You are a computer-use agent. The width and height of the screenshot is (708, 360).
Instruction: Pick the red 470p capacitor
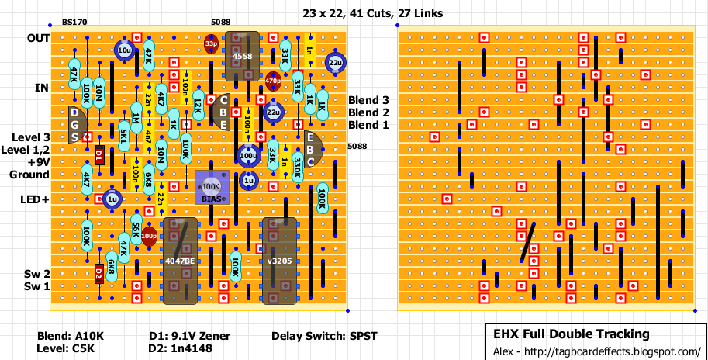click(x=273, y=80)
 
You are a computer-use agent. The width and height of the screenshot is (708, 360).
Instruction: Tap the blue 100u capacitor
click(x=248, y=156)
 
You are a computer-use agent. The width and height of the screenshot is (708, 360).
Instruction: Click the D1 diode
click(x=99, y=156)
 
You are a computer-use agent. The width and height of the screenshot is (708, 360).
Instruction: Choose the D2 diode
click(x=99, y=273)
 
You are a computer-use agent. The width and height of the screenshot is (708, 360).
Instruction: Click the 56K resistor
click(x=136, y=229)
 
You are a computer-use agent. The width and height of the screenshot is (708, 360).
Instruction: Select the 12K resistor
click(x=199, y=104)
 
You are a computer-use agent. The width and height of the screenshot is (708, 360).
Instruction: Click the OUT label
click(x=38, y=38)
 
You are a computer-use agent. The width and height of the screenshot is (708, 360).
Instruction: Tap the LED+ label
click(x=35, y=199)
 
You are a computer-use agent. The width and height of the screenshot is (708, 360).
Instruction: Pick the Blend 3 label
click(x=368, y=100)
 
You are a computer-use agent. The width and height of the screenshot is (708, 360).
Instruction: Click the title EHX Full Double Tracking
click(x=572, y=334)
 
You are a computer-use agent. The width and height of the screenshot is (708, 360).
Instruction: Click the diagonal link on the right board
click(x=528, y=242)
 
